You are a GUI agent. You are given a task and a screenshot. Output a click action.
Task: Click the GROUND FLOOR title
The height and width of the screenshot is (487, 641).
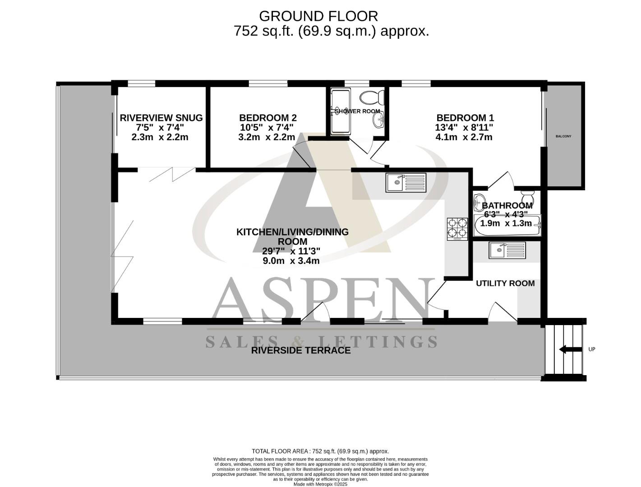[318, 16]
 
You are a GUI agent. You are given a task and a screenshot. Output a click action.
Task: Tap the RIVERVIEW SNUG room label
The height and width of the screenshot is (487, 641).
[161, 118]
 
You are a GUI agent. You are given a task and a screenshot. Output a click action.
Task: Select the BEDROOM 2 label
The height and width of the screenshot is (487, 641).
[267, 118]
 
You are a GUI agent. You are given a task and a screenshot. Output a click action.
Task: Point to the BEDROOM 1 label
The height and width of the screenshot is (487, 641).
[465, 118]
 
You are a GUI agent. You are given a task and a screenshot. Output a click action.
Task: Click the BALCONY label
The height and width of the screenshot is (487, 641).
[563, 136]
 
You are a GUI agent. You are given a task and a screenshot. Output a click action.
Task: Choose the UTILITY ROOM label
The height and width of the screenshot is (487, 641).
[505, 283]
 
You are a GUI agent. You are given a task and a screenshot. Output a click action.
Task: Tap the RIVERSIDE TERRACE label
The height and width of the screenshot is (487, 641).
[300, 350]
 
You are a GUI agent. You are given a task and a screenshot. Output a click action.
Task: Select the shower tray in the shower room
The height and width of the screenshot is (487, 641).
[341, 111]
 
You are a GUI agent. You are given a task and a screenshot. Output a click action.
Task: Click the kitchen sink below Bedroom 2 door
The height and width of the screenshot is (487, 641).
[406, 183]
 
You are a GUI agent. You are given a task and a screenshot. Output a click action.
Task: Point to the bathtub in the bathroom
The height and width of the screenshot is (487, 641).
[507, 226]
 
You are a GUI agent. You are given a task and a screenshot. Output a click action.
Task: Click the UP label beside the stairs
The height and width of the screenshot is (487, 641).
[592, 349]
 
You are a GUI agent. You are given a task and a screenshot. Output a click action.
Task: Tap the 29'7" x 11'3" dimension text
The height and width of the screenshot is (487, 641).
[291, 251]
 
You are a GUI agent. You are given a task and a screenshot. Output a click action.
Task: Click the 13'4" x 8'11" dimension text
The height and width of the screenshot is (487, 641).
[465, 128]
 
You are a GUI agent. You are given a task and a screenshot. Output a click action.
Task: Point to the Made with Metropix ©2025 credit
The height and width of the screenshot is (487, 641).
[320, 484]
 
